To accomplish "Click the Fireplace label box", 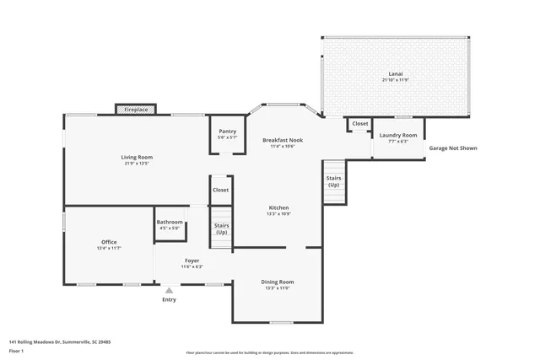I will tap(136, 110).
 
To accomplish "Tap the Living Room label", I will tap(137, 157).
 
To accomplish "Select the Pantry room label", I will tap(227, 132).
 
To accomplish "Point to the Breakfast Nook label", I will tap(282, 140).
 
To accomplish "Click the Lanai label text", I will tap(395, 74).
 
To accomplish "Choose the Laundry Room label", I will tap(398, 135).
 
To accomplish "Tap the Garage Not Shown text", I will tap(453, 148).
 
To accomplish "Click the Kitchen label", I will tap(279, 207).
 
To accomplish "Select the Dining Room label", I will tap(278, 282).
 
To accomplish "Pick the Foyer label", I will tap(192, 261).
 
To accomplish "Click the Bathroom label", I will tap(170, 223).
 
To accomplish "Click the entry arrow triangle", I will tap(169, 290).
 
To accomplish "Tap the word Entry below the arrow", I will tap(169, 299).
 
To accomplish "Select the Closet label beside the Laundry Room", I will tap(360, 123).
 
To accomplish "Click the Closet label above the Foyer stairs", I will tap(221, 190).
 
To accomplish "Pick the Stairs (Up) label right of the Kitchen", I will tap(334, 181).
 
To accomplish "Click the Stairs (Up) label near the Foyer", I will tap(222, 228).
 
